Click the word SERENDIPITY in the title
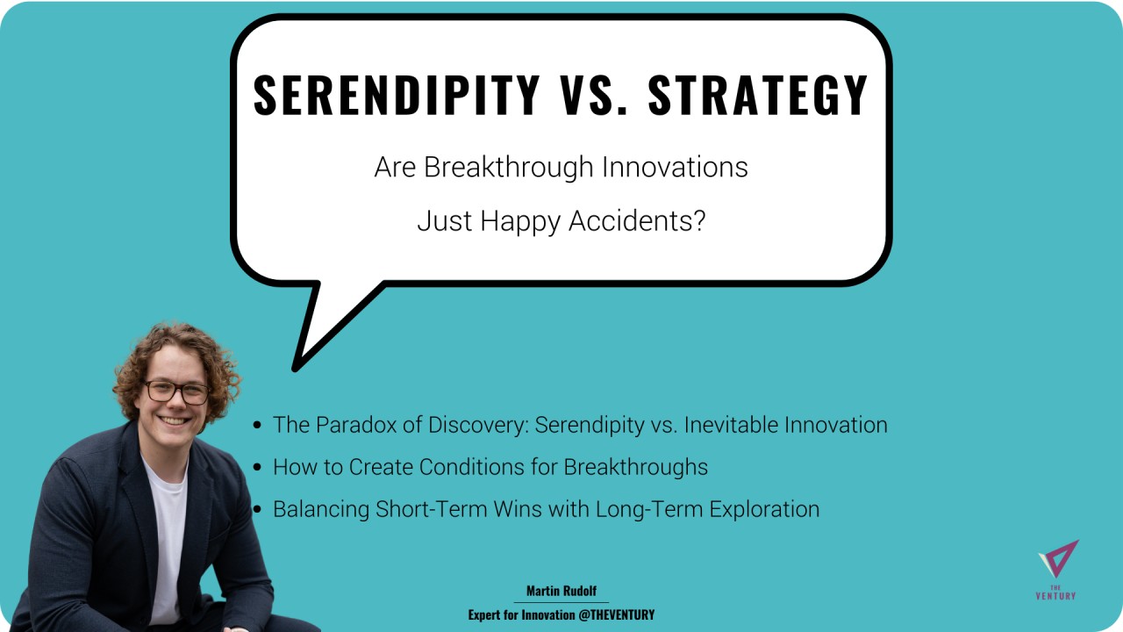(x=396, y=95)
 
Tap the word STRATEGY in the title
(x=757, y=95)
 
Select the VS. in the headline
(x=595, y=95)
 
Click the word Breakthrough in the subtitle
(x=508, y=167)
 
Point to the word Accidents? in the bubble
(x=637, y=220)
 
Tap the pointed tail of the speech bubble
(x=296, y=368)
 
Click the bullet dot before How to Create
(x=257, y=468)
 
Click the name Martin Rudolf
(x=561, y=591)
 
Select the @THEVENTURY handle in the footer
(x=616, y=615)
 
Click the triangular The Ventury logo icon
(x=1059, y=558)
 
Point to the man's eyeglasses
(x=177, y=392)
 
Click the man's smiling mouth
(x=174, y=420)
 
